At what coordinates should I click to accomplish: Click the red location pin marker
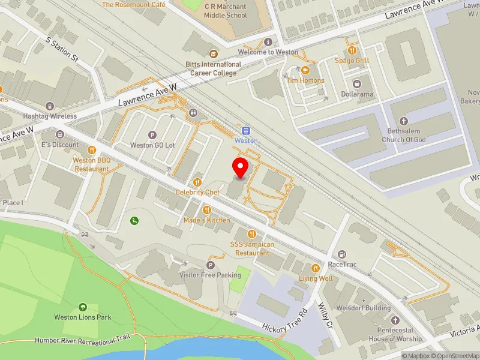coord(241,169)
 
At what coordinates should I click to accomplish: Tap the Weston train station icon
coord(245,131)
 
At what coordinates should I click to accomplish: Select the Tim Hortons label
coord(305,80)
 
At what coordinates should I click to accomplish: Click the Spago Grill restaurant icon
coord(352,50)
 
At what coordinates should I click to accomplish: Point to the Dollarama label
coord(358,94)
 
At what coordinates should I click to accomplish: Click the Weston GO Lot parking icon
coord(152,135)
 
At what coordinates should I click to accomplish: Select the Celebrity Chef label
coord(197,192)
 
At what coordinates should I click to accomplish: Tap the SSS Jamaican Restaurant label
coord(252,248)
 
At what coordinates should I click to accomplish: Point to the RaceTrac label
coord(343,264)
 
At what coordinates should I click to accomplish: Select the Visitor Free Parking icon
coord(210,265)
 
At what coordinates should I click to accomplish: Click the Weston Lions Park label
coord(83,317)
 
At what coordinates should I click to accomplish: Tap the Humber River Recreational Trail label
coord(82,340)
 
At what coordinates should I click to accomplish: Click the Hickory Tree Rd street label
coord(284,323)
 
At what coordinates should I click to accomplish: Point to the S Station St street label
coord(62,49)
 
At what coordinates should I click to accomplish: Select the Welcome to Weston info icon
coord(268,42)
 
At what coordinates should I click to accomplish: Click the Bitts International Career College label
coord(213,68)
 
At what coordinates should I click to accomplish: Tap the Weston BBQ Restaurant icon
coord(91,150)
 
